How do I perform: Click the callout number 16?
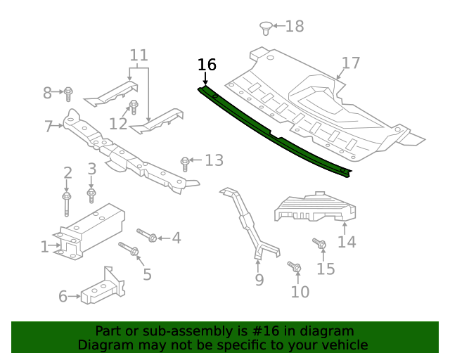point(207,65)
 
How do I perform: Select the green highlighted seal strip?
point(274,130)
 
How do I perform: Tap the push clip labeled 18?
point(266,28)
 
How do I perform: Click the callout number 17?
point(350,63)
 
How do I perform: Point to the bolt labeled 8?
point(69,92)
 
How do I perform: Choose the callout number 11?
point(139,55)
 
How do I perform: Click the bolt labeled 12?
point(133,108)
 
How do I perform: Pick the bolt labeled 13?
point(185,163)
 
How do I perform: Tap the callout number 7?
point(49,127)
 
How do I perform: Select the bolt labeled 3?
point(91,191)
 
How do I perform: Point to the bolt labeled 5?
point(129,249)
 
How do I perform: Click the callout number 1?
point(44,247)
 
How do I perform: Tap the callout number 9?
point(259,280)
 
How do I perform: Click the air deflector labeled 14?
point(316,207)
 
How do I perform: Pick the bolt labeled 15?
point(319,244)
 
